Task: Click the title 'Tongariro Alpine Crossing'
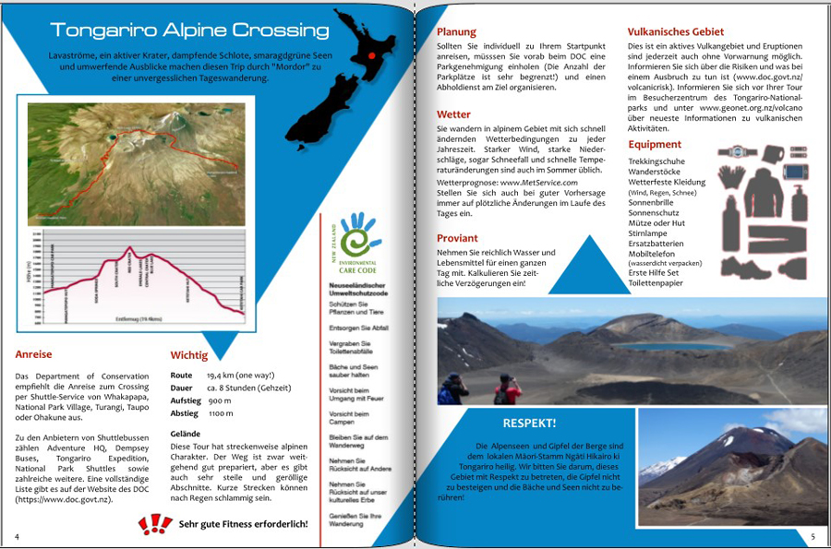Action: pyautogui.click(x=190, y=30)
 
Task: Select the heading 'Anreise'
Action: pyautogui.click(x=34, y=353)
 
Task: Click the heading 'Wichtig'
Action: pyautogui.click(x=189, y=355)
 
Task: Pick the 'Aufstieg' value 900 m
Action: pyautogui.click(x=220, y=401)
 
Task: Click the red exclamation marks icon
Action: pyautogui.click(x=154, y=524)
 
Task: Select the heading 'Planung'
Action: pyautogui.click(x=457, y=32)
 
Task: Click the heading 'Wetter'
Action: pyautogui.click(x=453, y=114)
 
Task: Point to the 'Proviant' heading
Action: pyautogui.click(x=457, y=238)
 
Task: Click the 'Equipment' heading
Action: pyautogui.click(x=655, y=144)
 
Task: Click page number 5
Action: pyautogui.click(x=813, y=536)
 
